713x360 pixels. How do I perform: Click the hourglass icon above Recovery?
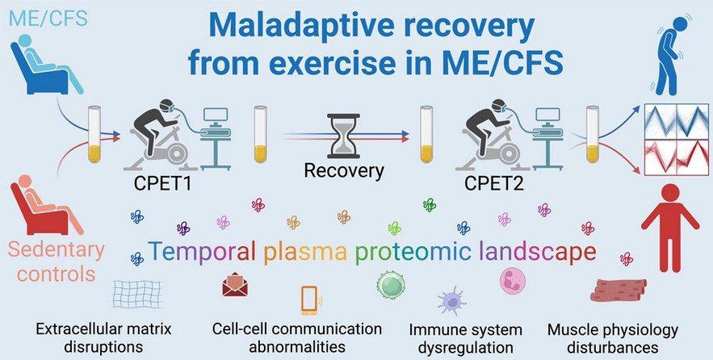click(343, 136)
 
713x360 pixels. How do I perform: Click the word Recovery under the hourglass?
click(344, 170)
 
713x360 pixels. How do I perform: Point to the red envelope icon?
click(235, 284)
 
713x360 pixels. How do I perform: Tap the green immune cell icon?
click(391, 285)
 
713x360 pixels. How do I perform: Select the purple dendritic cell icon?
click(451, 300)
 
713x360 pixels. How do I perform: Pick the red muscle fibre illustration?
click(618, 290)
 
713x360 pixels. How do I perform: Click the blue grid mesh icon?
click(136, 294)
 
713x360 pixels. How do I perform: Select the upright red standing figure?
click(670, 227)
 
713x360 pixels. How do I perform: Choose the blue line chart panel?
click(677, 121)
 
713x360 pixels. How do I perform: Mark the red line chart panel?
click(677, 157)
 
